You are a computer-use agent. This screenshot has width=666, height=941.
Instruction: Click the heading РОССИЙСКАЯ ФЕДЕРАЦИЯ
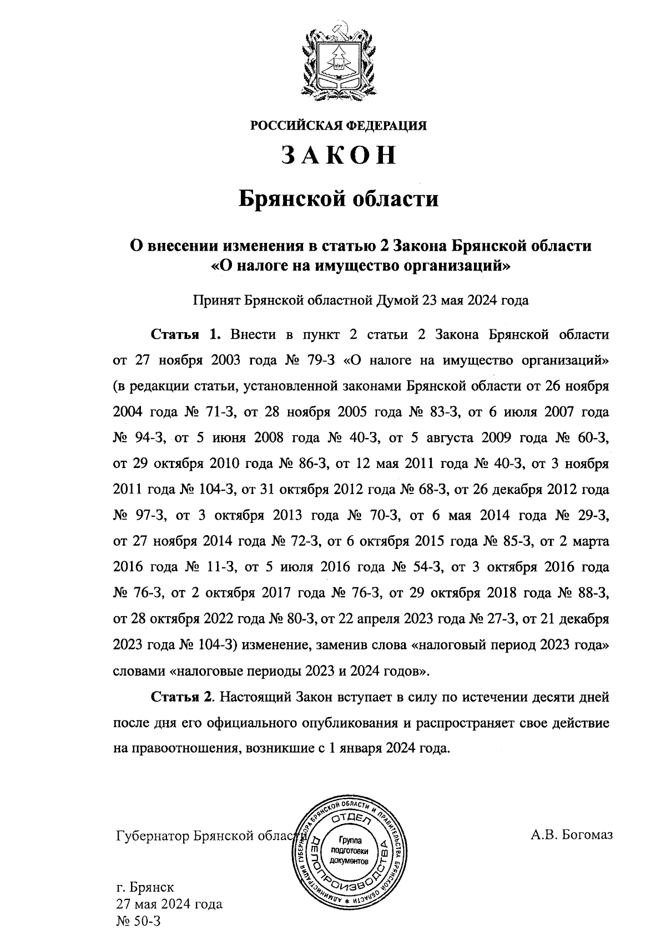click(x=339, y=126)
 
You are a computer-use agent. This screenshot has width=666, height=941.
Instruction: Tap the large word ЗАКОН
click(x=339, y=156)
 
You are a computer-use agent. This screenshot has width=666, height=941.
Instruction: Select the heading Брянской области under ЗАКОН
click(x=339, y=198)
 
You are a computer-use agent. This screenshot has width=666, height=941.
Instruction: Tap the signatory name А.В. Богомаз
click(x=572, y=835)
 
